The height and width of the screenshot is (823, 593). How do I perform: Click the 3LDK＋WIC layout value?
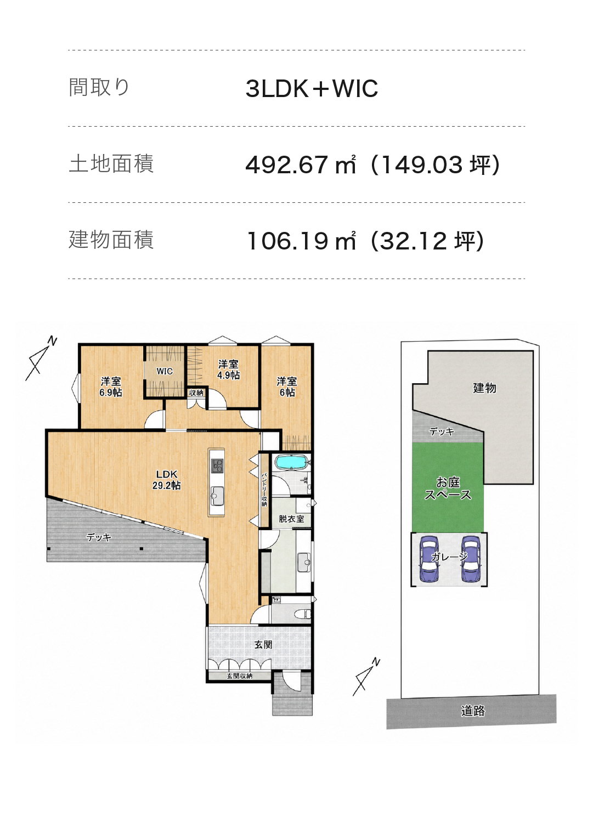click(x=312, y=88)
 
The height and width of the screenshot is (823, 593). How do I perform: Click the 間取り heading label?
click(x=99, y=87)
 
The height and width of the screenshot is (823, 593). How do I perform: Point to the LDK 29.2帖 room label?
click(x=167, y=479)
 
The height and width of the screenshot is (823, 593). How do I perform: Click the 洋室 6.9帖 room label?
click(x=111, y=387)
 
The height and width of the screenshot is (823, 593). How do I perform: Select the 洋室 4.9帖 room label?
click(x=228, y=369)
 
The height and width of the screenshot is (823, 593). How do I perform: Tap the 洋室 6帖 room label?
click(x=287, y=387)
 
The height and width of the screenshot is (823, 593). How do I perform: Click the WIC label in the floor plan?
click(x=165, y=371)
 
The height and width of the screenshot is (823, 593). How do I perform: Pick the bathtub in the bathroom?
click(x=290, y=462)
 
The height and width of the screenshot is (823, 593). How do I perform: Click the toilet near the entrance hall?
click(x=304, y=614)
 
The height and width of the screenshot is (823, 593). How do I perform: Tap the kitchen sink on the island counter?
click(x=217, y=496)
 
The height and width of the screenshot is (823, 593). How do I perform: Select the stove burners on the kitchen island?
click(x=217, y=466)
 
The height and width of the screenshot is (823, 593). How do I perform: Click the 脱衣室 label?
click(x=291, y=519)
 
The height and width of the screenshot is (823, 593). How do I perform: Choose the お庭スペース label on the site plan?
click(x=448, y=489)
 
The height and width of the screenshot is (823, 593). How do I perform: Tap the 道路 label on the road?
click(x=473, y=711)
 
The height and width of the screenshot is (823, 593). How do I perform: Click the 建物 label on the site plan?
click(x=484, y=388)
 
